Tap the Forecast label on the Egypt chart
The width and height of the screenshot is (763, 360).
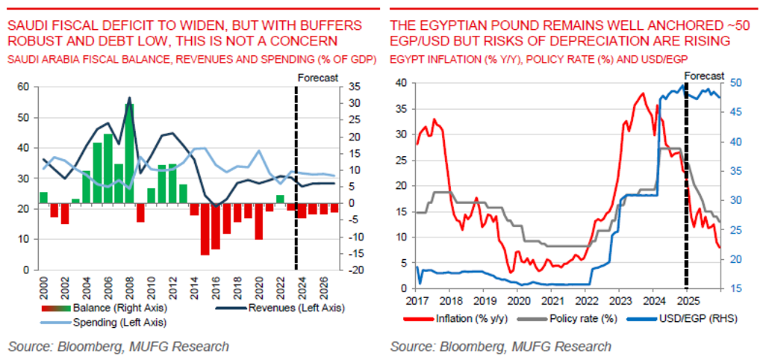tap(704, 75)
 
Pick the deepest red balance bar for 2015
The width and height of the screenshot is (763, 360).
tap(205, 229)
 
